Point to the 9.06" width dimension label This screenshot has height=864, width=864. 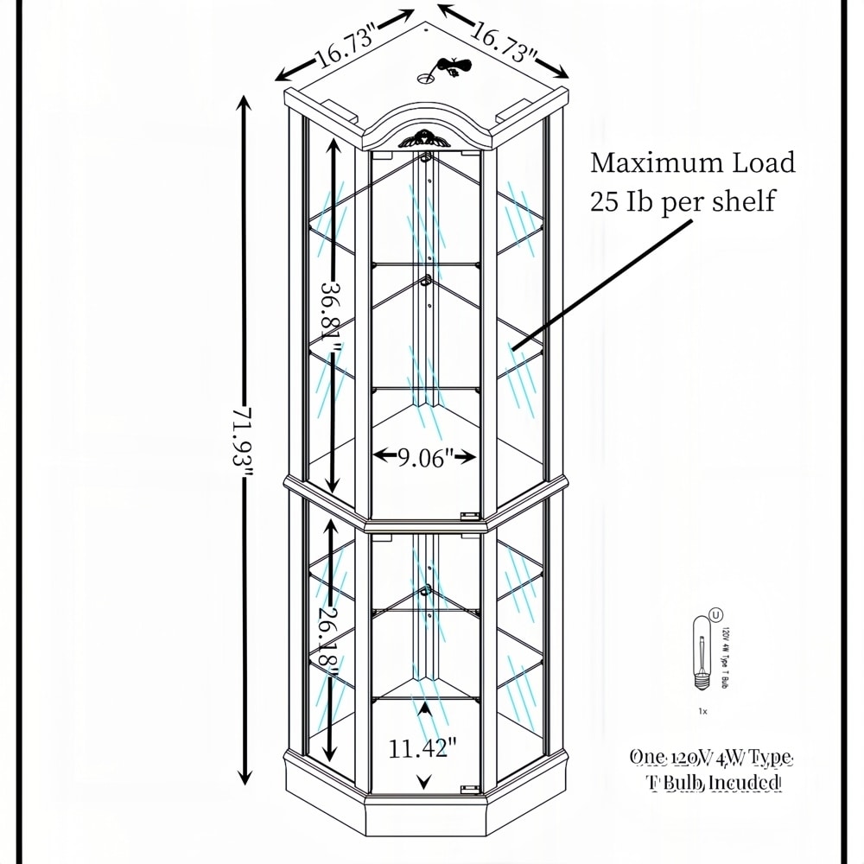[x=425, y=458]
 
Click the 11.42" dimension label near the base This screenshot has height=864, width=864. [x=422, y=747]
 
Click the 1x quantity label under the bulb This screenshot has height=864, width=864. [x=702, y=711]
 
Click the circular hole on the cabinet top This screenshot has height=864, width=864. [x=425, y=78]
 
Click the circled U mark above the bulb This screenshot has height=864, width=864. [x=715, y=615]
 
